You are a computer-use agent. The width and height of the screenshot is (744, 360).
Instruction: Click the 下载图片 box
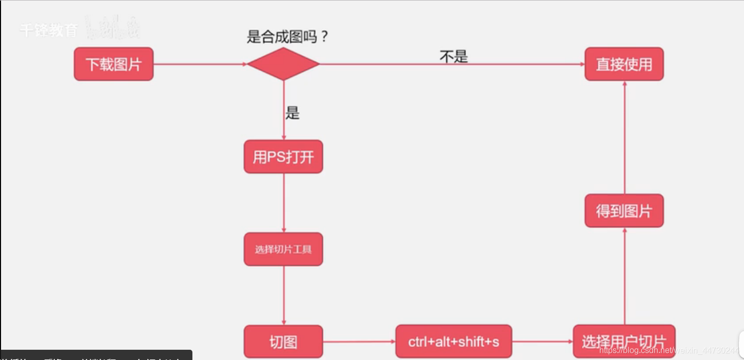113,64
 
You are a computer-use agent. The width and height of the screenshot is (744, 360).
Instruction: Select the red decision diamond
283,64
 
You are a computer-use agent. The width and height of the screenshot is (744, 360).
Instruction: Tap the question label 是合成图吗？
287,37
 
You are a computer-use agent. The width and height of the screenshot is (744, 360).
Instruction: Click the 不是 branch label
454,56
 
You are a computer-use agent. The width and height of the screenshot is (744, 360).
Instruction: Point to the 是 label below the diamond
292,113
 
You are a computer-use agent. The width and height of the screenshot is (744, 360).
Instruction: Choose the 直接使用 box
624,64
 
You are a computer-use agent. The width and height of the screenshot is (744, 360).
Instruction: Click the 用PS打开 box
283,156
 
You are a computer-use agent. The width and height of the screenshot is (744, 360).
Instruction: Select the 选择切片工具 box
283,249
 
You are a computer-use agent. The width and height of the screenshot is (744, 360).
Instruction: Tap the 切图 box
283,342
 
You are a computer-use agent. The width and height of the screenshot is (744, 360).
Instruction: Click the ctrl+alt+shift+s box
454,342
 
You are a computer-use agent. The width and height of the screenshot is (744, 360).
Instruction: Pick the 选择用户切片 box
624,342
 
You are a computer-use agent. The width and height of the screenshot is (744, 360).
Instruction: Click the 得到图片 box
624,211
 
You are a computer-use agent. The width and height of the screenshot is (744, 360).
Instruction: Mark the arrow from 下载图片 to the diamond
200,64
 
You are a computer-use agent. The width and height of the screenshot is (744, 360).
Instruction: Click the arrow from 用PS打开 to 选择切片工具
283,203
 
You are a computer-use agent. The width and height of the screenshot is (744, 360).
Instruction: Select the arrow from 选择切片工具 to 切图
283,295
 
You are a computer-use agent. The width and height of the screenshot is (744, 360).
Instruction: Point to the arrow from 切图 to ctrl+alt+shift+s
359,342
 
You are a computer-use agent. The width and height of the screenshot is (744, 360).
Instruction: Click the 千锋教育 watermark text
49,30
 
